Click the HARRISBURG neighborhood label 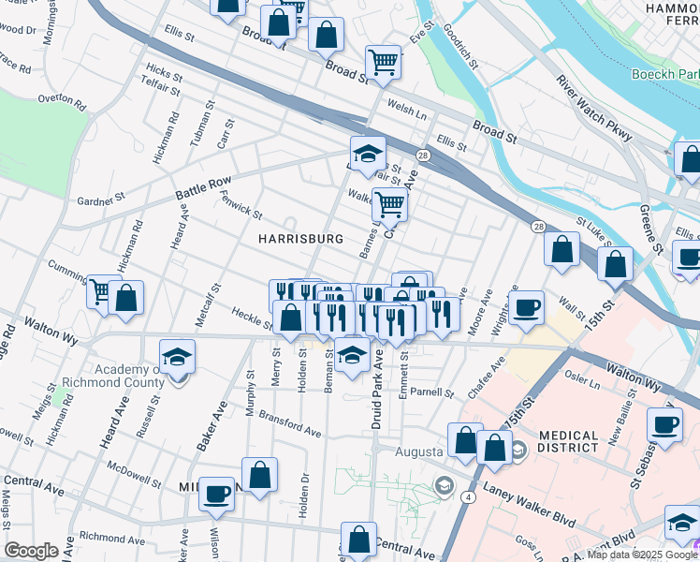[x=301, y=239]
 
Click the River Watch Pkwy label [x=595, y=109]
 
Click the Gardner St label [x=101, y=200]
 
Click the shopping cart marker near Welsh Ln [x=383, y=62]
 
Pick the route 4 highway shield [x=465, y=497]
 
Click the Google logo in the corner [x=31, y=551]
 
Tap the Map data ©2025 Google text [x=641, y=555]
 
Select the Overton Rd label [x=62, y=98]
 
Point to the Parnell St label [x=431, y=392]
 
